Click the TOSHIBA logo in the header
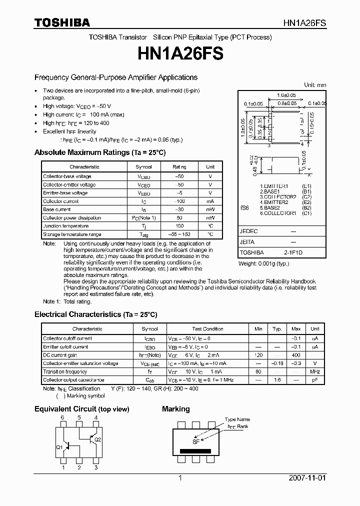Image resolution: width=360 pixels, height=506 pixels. [x=62, y=22]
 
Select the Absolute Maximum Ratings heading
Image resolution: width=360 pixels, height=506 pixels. [x=99, y=152]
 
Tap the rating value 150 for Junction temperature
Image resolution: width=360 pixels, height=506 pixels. [x=179, y=226]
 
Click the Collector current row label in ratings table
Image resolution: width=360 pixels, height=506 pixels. [x=60, y=201]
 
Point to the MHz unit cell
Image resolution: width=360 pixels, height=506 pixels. [x=314, y=371]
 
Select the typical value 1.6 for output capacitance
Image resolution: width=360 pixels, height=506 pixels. [x=276, y=380]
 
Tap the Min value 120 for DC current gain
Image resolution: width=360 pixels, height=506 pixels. [x=258, y=355]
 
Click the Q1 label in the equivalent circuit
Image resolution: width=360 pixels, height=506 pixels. [x=59, y=447]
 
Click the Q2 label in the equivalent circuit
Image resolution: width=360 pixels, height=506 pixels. [x=97, y=439]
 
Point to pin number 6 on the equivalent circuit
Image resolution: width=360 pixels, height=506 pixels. [x=62, y=417]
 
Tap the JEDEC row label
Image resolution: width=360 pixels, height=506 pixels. [x=248, y=231]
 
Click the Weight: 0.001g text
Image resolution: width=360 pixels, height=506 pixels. [x=263, y=263]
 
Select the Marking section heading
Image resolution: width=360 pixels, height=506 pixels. [x=175, y=409]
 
